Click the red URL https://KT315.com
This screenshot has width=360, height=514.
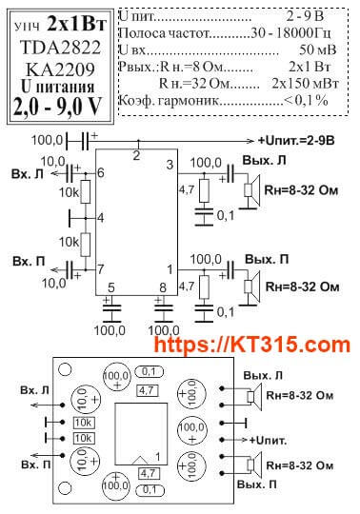pyautogui.click(x=251, y=345)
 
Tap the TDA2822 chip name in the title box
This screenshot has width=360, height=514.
pyautogui.click(x=60, y=48)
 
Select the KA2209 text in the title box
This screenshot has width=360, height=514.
pyautogui.click(x=60, y=69)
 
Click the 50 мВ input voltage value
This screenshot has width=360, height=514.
pyautogui.click(x=318, y=49)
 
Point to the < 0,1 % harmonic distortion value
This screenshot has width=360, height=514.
pyautogui.click(x=306, y=101)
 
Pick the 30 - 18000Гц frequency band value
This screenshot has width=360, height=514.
pyautogui.click(x=290, y=32)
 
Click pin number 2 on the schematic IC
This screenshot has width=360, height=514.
pyautogui.click(x=136, y=155)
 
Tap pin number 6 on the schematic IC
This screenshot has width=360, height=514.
pyautogui.click(x=101, y=172)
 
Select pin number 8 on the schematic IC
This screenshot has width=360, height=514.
pyautogui.click(x=163, y=287)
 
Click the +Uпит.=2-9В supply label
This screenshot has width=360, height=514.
pyautogui.click(x=296, y=141)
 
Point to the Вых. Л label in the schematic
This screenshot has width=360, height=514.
pyautogui.click(x=264, y=161)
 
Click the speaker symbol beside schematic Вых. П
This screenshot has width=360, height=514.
pyautogui.click(x=251, y=287)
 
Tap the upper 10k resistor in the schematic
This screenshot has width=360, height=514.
pyautogui.click(x=86, y=191)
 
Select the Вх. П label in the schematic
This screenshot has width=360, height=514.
pyautogui.click(x=29, y=261)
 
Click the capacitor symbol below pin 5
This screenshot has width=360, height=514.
pyautogui.click(x=111, y=308)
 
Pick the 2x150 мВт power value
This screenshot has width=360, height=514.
pyautogui.click(x=305, y=84)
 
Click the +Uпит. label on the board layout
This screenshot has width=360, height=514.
pyautogui.click(x=268, y=441)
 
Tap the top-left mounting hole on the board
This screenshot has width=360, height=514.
pyautogui.click(x=65, y=369)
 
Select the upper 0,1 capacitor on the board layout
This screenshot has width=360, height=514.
pyautogui.click(x=149, y=371)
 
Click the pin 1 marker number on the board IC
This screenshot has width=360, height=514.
pyautogui.click(x=158, y=457)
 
